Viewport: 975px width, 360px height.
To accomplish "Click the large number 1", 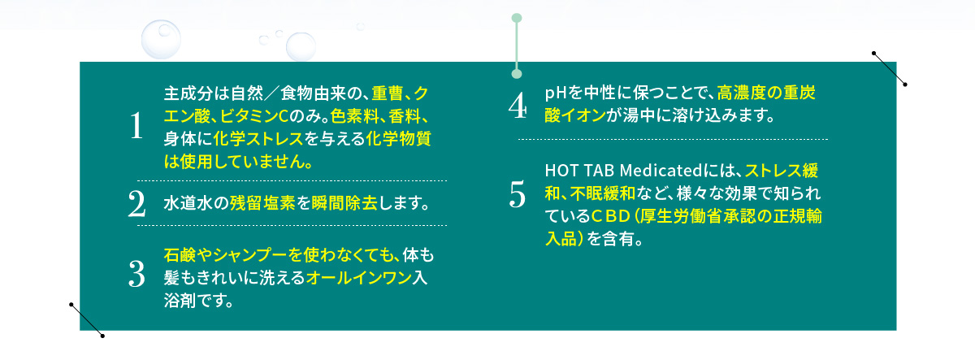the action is [136, 125].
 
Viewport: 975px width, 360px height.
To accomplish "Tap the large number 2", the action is [136, 203].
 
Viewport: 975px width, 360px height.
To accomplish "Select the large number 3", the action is [136, 274].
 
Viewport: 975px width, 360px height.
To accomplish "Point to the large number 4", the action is [518, 106].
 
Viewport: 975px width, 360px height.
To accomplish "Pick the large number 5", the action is [518, 194].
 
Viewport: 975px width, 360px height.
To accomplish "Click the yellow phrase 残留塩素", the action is [262, 203].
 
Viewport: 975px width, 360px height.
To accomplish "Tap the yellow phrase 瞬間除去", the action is [344, 203].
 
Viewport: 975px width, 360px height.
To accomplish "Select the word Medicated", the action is [661, 171].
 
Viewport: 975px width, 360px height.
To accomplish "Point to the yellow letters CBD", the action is [611, 216].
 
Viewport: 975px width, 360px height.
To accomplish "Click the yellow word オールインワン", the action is [358, 278].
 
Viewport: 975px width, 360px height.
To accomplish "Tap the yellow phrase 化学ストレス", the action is [258, 139].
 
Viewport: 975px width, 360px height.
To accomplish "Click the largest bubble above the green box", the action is [161, 39].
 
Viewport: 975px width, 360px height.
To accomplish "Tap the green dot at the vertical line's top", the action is [517, 18].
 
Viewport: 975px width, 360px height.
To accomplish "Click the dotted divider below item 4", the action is [673, 139].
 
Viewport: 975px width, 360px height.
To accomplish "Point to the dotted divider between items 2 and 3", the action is [292, 225].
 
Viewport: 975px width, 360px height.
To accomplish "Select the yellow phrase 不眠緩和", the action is [603, 193].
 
